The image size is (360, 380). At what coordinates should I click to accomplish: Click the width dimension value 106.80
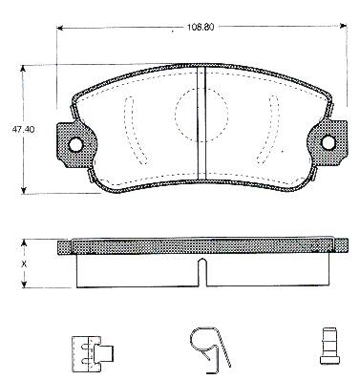click(201, 28)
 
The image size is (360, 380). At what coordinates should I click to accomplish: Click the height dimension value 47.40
click(24, 130)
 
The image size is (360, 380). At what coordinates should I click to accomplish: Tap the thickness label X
click(23, 264)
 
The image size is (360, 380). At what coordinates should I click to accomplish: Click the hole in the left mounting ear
click(75, 145)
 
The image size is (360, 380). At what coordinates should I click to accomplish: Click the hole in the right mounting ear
click(328, 142)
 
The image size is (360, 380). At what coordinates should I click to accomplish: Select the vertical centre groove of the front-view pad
click(201, 123)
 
